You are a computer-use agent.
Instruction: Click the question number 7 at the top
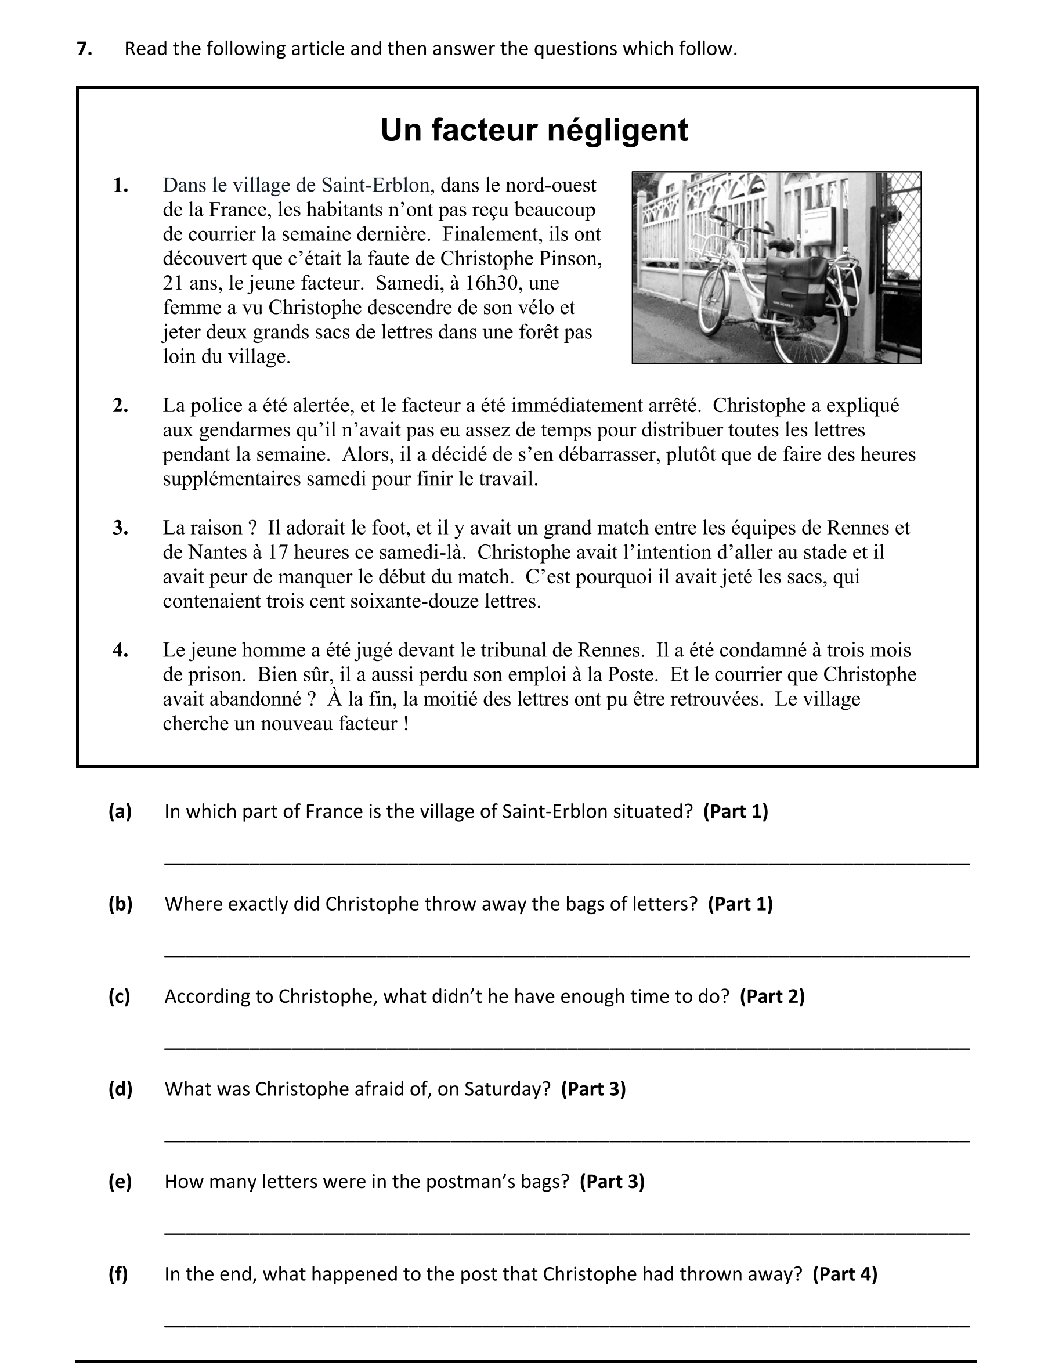click(x=84, y=49)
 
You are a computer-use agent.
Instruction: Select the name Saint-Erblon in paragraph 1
click(x=375, y=185)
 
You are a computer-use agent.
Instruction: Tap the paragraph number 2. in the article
click(x=121, y=406)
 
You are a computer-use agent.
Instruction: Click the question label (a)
click(x=120, y=812)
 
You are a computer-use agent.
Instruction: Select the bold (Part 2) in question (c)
click(x=772, y=996)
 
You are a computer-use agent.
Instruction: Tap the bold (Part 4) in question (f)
click(x=844, y=1274)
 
